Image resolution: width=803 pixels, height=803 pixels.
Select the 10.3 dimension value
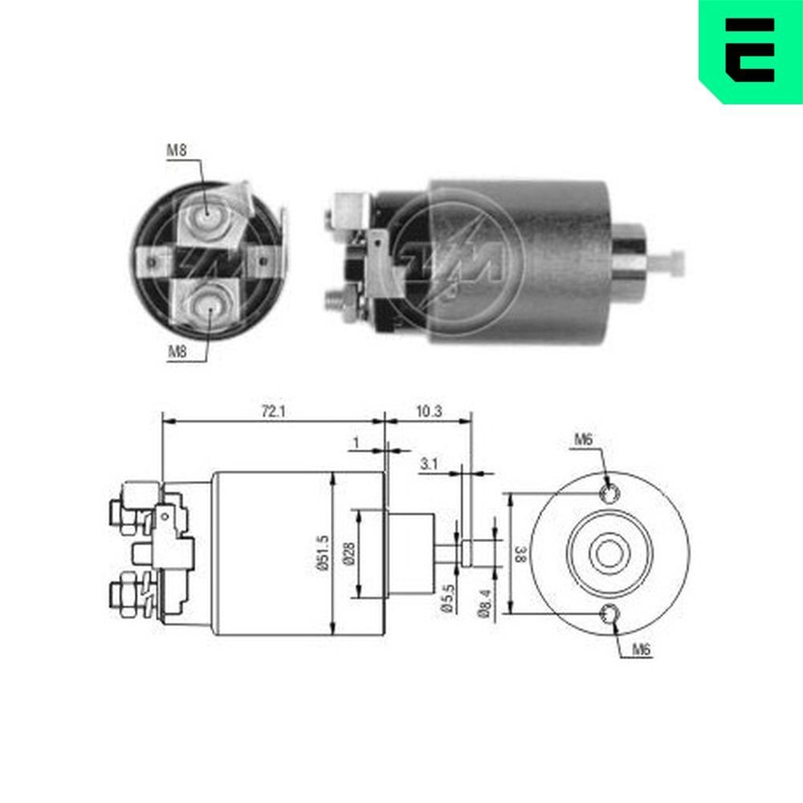pos(430,410)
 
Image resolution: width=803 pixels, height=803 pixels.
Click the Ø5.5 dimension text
pos(446,599)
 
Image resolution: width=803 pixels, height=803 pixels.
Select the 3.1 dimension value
pos(428,463)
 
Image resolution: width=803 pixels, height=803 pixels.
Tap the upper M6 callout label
pos(583,439)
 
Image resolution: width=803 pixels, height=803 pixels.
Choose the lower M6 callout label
pos(639,650)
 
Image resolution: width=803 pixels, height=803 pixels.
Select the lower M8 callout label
pos(177,351)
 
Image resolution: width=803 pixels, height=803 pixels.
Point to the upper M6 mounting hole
pos(609,493)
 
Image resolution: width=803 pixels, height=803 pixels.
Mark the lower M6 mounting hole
pos(609,615)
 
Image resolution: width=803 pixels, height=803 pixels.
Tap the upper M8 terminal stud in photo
pos(207,214)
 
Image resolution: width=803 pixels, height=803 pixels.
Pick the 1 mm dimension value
pos(355,443)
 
